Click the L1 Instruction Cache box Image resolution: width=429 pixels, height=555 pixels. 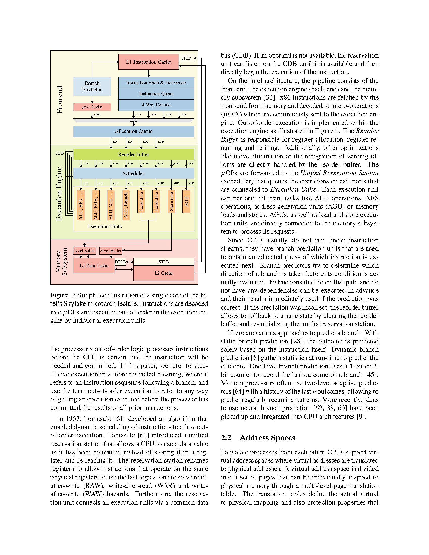pyautogui.click(x=148, y=62)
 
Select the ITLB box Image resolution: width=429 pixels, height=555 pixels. pyautogui.click(x=186, y=58)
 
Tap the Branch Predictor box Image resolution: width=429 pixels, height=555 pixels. pyautogui.click(x=92, y=86)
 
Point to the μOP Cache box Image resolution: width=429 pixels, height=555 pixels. pyautogui.click(x=92, y=107)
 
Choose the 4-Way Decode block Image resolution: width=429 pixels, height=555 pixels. pyautogui.click(x=156, y=105)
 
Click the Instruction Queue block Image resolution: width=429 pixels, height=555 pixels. pyautogui.click(x=156, y=94)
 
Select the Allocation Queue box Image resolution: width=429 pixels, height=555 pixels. pyautogui.click(x=133, y=131)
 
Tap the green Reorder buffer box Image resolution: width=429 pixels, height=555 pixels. pyautogui.click(x=133, y=154)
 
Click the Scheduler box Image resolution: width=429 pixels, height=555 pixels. pyautogui.click(x=133, y=173)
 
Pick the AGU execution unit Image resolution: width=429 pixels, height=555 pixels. pyautogui.click(x=186, y=201)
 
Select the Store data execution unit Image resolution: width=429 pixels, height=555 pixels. pyautogui.click(x=171, y=201)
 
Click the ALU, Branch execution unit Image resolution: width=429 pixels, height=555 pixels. pyautogui.click(x=126, y=205)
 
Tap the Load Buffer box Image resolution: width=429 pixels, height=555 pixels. pyautogui.click(x=84, y=251)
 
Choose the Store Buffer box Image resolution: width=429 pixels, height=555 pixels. pyautogui.click(x=111, y=251)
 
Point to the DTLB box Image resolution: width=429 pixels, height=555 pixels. pyautogui.click(x=120, y=262)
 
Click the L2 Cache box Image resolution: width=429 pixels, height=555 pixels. pyautogui.click(x=164, y=273)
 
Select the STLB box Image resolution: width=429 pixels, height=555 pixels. pyautogui.click(x=164, y=262)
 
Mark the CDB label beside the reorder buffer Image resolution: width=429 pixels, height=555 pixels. pyautogui.click(x=60, y=153)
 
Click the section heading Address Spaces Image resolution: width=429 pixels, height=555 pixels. pyautogui.click(x=267, y=438)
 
